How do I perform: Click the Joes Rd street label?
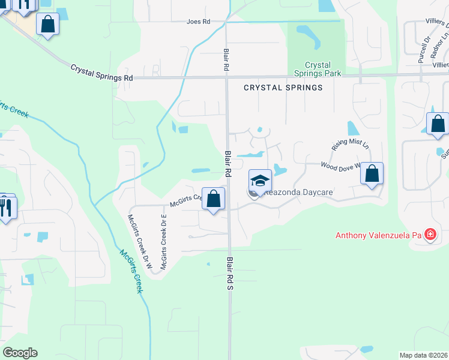[x=199, y=22]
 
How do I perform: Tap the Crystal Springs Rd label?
[x=101, y=73]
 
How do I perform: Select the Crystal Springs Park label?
[x=318, y=69]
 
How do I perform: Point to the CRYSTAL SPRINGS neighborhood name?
[x=283, y=88]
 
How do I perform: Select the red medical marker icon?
[x=430, y=234]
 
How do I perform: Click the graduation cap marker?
[x=260, y=180]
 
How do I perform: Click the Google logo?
[x=20, y=353]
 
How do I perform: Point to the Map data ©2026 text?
[x=423, y=355]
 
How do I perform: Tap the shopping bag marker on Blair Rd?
[x=213, y=199]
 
